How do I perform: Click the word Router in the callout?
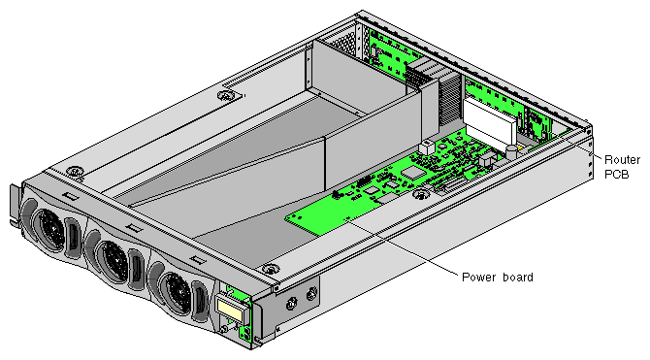[x=622, y=160]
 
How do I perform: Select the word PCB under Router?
[x=617, y=175]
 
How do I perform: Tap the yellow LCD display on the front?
[x=229, y=310]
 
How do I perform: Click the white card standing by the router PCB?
[x=490, y=123]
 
